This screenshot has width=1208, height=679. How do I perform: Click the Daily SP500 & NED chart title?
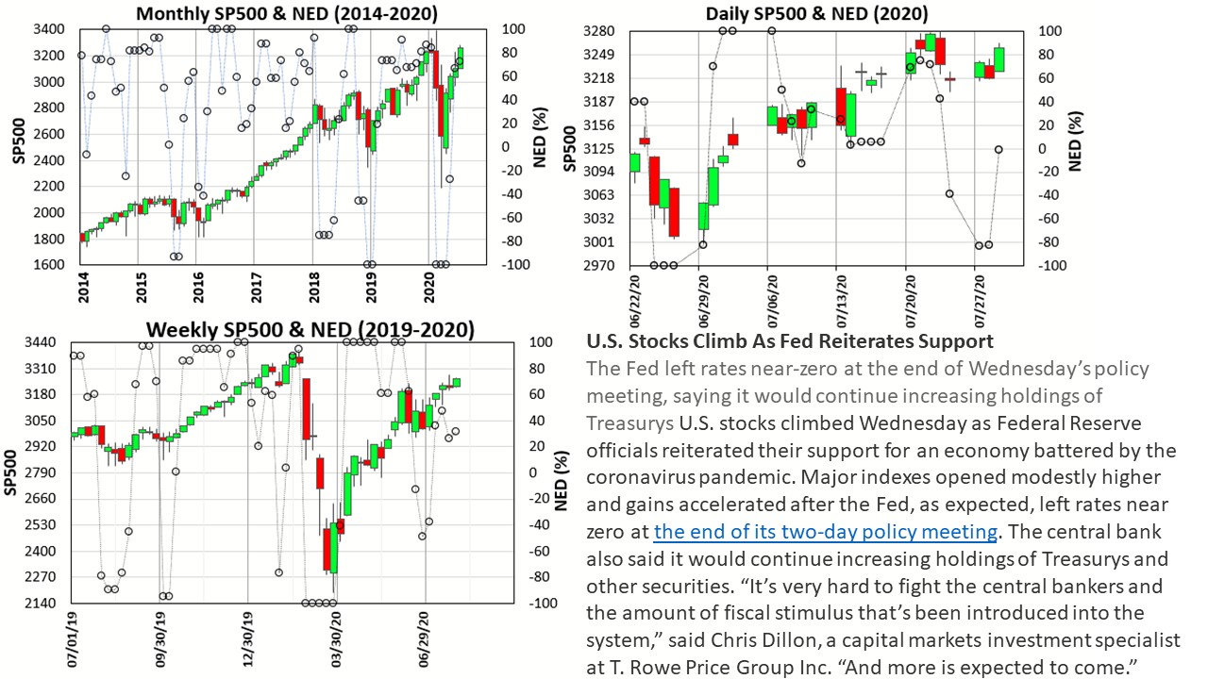[816, 14]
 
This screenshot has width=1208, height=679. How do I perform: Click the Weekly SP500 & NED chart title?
[310, 329]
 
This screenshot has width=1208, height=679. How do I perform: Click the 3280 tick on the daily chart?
[600, 31]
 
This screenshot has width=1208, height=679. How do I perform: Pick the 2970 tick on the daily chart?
[600, 266]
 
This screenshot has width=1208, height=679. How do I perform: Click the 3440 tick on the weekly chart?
[42, 342]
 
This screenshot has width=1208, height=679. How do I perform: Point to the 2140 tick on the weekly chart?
[42, 604]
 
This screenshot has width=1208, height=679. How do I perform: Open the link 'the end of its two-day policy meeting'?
[825, 532]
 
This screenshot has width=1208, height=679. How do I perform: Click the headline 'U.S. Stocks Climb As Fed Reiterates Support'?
[789, 340]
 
